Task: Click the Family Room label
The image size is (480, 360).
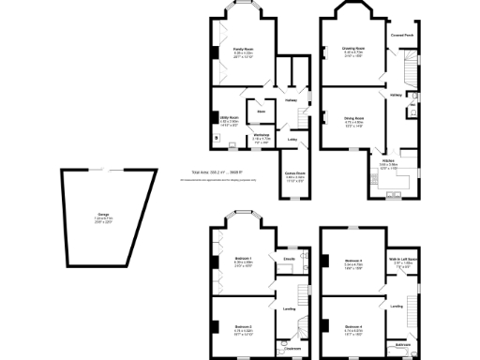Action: (243, 52)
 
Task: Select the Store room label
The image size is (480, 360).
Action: (262, 110)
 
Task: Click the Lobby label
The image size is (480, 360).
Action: (292, 141)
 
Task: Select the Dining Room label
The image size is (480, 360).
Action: (354, 118)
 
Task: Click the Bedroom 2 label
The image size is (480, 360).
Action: (243, 327)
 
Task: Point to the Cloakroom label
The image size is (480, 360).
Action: (293, 349)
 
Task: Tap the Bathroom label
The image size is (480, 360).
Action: (402, 345)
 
